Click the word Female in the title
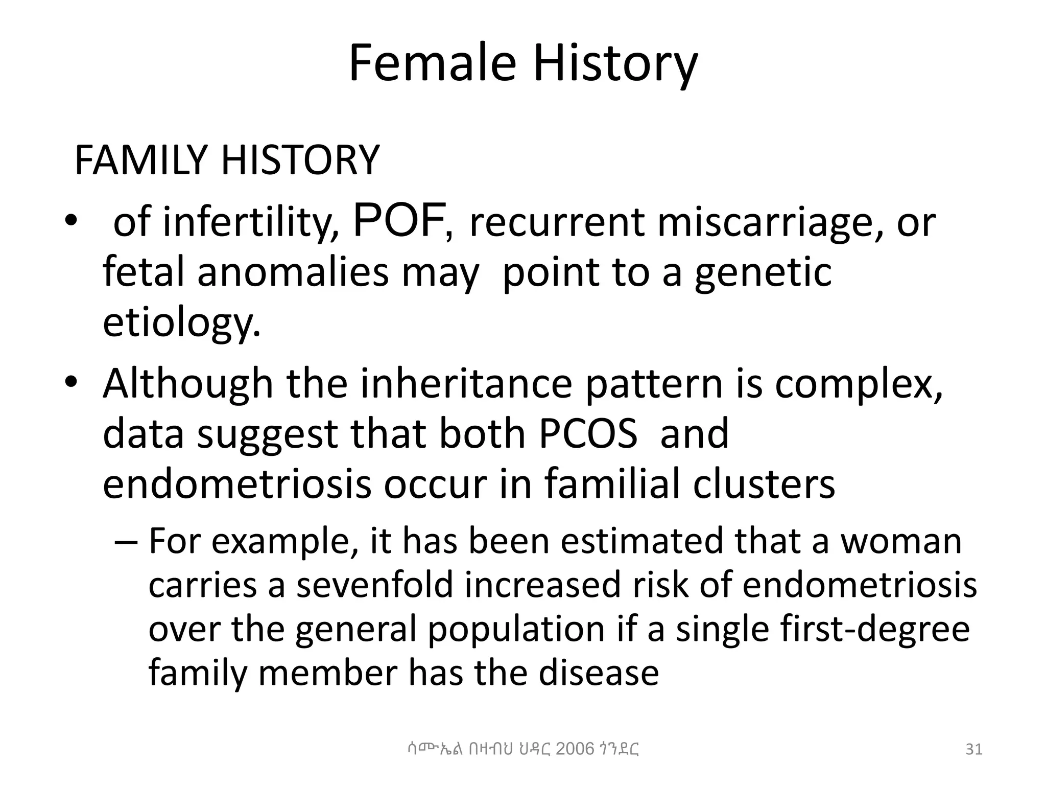(432, 63)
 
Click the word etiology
(181, 324)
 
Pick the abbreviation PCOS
(588, 433)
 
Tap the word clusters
(764, 484)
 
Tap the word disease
(599, 673)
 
